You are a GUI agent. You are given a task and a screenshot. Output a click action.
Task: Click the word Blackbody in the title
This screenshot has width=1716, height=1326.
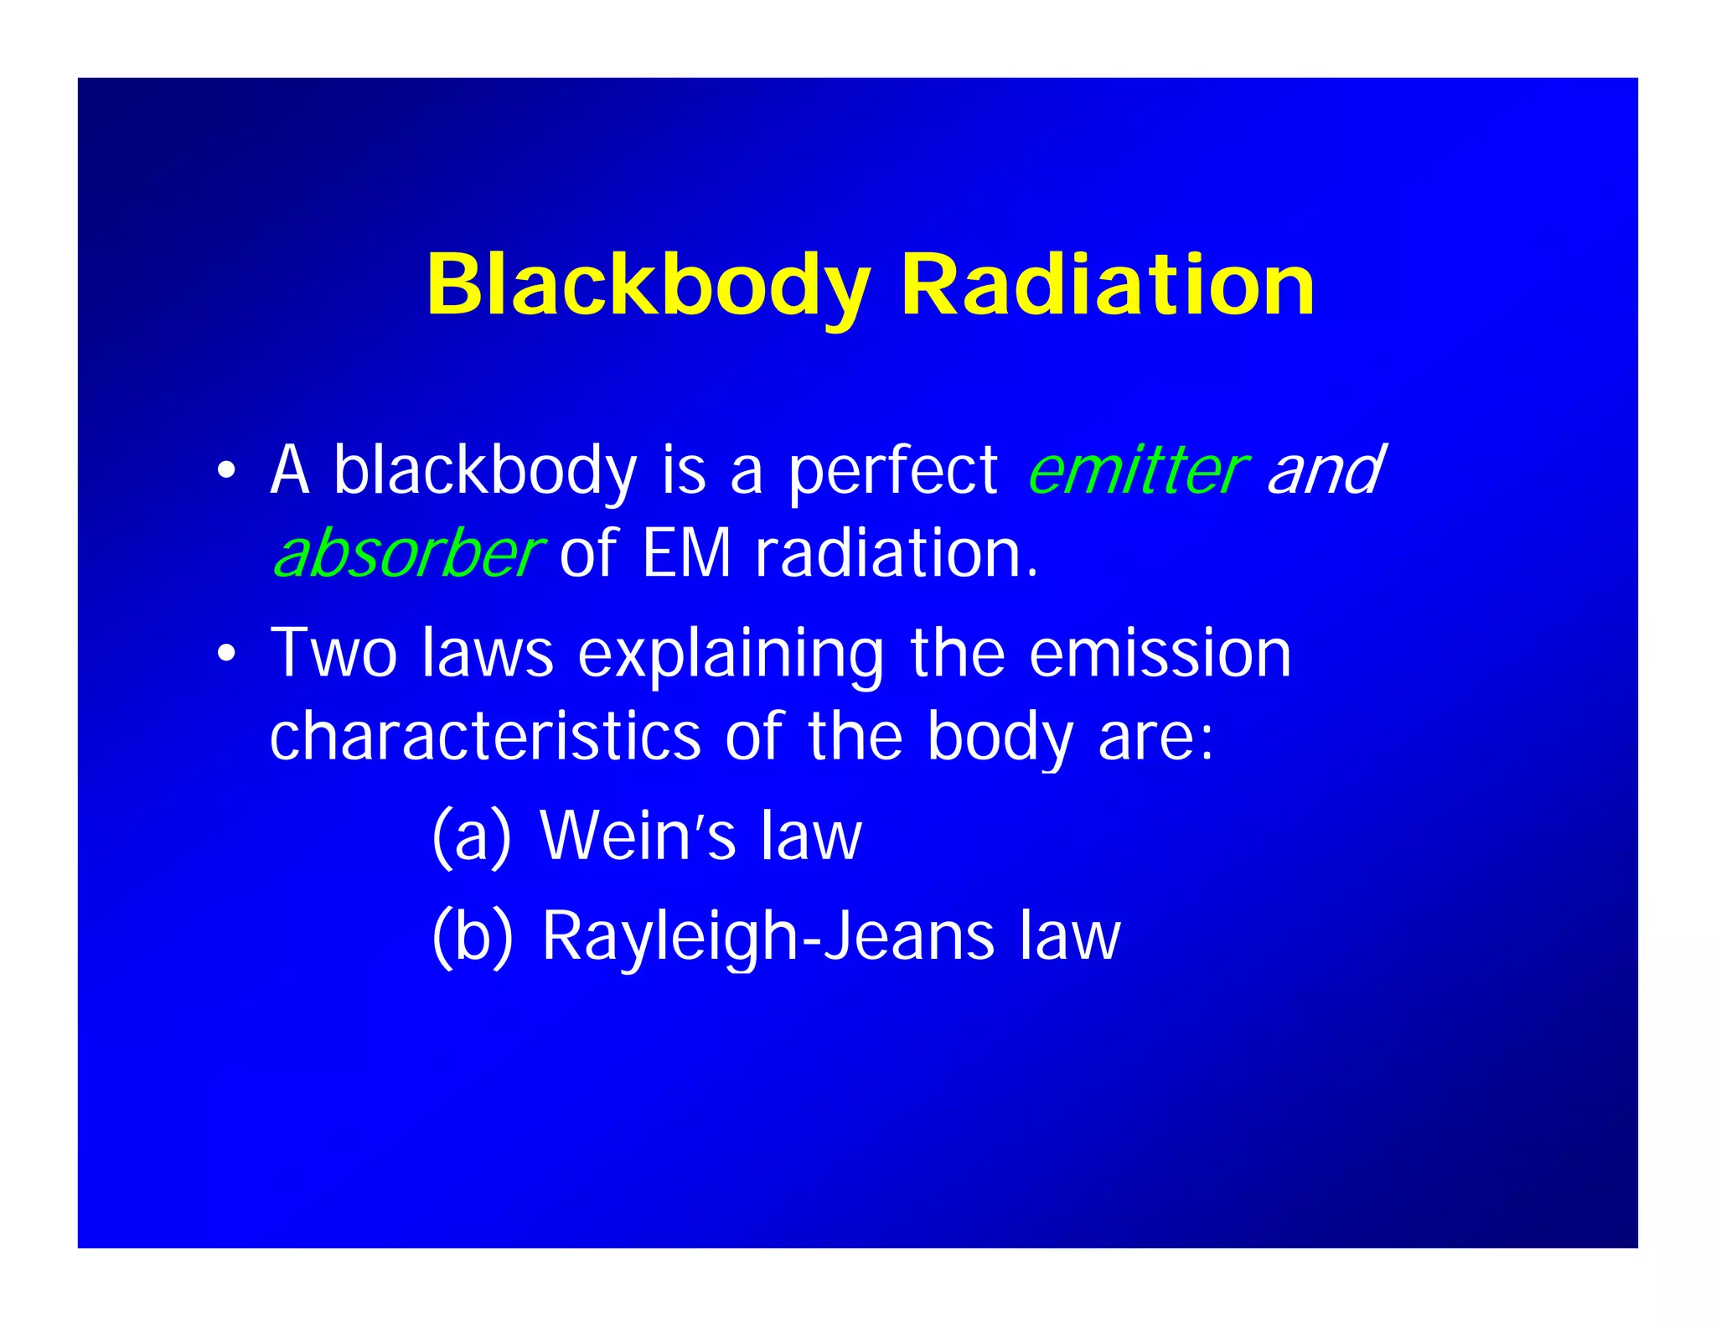tap(649, 286)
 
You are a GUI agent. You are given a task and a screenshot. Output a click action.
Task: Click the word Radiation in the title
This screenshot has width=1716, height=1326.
tap(1107, 286)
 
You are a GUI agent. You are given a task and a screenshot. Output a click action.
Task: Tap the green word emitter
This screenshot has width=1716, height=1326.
tap(1137, 470)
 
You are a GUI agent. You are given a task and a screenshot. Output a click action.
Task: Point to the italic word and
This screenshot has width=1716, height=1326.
tap(1324, 470)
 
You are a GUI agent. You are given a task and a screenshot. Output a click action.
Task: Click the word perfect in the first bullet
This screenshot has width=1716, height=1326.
tap(893, 470)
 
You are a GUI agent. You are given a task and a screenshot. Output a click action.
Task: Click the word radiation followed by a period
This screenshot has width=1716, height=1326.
tap(897, 554)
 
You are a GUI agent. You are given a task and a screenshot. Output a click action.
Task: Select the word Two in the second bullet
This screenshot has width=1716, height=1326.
tap(333, 653)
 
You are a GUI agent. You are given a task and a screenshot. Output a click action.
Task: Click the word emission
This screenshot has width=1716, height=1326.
tap(1160, 653)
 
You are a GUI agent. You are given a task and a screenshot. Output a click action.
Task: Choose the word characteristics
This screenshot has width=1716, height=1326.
tap(485, 737)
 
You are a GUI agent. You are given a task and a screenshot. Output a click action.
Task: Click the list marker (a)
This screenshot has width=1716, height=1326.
tap(471, 836)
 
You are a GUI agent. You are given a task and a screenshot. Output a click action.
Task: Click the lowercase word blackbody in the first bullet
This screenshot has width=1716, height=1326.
tap(485, 470)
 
